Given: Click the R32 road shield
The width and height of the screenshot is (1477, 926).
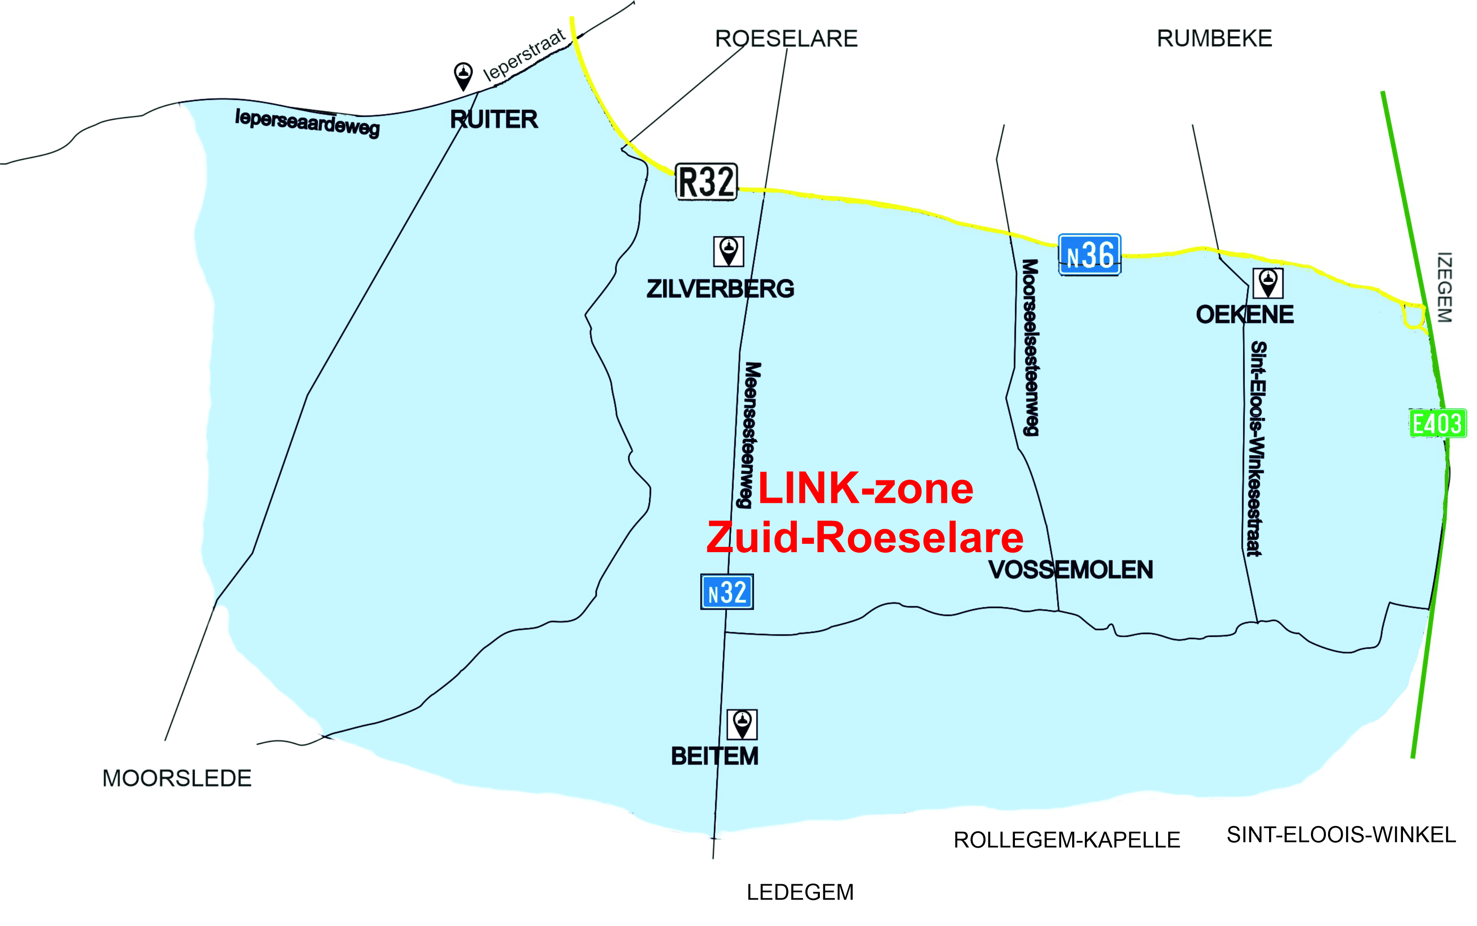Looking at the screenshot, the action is pyautogui.click(x=706, y=181).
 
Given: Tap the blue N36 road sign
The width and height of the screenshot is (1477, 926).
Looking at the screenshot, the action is pyautogui.click(x=1089, y=255).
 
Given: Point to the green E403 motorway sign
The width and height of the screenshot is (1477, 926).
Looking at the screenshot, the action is pyautogui.click(x=1437, y=423).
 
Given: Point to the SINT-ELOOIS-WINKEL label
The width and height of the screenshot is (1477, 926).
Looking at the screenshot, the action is pyautogui.click(x=1341, y=835).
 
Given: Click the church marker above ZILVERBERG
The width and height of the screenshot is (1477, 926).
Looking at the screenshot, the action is pyautogui.click(x=729, y=251).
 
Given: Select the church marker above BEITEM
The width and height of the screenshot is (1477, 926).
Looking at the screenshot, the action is pyautogui.click(x=742, y=724).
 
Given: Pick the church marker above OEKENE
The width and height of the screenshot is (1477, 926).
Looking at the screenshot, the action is pyautogui.click(x=1267, y=284).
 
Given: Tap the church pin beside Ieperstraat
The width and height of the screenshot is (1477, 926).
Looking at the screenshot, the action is pyautogui.click(x=463, y=76).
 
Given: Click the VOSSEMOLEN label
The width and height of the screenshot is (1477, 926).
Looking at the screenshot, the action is pyautogui.click(x=1070, y=570).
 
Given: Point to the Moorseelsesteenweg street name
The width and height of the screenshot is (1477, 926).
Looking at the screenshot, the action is pyautogui.click(x=1030, y=347).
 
